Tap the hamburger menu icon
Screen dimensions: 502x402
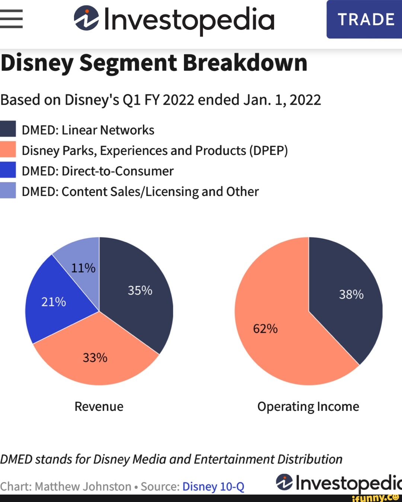11,19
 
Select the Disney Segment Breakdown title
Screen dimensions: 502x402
154,63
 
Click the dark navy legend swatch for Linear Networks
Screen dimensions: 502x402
8,129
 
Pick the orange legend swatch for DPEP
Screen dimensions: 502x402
8,149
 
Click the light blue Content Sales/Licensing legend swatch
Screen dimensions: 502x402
8,190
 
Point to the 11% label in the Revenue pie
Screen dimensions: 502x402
83,268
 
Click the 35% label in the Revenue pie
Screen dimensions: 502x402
140,290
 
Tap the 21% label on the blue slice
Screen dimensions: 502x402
54,302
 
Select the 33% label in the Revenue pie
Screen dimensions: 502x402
95,358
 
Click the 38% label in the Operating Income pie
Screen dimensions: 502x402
351,295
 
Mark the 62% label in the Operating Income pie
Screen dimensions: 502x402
265,329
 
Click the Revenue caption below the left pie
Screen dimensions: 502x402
99,406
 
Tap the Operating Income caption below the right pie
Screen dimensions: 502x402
308,406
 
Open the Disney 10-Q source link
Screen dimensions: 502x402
213,486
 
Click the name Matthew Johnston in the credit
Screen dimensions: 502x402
83,486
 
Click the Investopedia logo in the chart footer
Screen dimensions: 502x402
339,483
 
